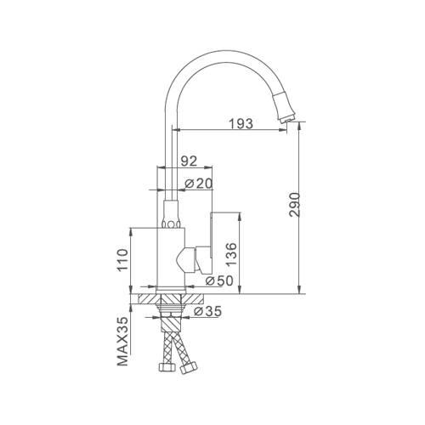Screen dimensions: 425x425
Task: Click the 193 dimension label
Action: pos(241,123)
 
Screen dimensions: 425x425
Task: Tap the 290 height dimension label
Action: pos(295,205)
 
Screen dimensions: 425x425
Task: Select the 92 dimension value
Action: pos(189,161)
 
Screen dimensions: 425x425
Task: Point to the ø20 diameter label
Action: pos(199,184)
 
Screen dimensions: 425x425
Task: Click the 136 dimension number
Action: pos(231,254)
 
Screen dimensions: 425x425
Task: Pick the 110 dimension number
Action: pos(122,259)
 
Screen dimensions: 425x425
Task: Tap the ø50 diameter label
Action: pos(219,280)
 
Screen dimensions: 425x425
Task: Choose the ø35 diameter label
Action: pos(207,311)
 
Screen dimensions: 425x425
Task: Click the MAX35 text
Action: pos(122,342)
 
